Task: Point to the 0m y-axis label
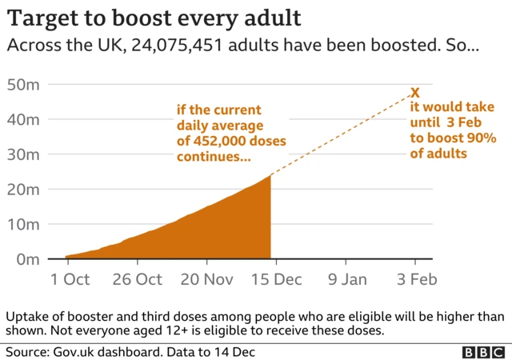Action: (26, 260)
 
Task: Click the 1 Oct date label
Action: (70, 279)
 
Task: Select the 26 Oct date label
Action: (138, 279)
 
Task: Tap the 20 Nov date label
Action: (207, 279)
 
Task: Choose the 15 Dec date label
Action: (276, 279)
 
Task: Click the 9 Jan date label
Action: (346, 279)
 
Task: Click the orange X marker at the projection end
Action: (414, 93)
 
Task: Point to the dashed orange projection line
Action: (344, 134)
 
